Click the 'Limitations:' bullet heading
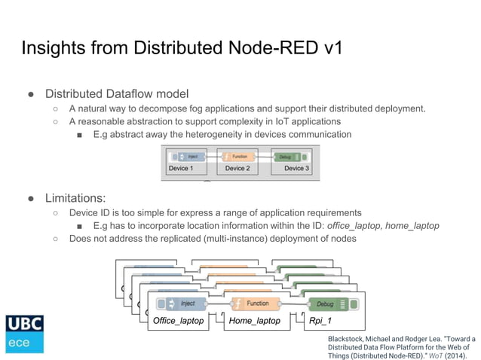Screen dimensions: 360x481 75,198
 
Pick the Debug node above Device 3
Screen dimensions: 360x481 289,157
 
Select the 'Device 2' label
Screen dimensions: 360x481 237,168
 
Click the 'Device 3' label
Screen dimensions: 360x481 294,168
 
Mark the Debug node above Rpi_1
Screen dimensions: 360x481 329,304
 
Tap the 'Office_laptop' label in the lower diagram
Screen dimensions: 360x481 179,321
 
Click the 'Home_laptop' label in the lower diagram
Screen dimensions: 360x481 254,321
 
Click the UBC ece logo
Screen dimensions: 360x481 24,334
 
